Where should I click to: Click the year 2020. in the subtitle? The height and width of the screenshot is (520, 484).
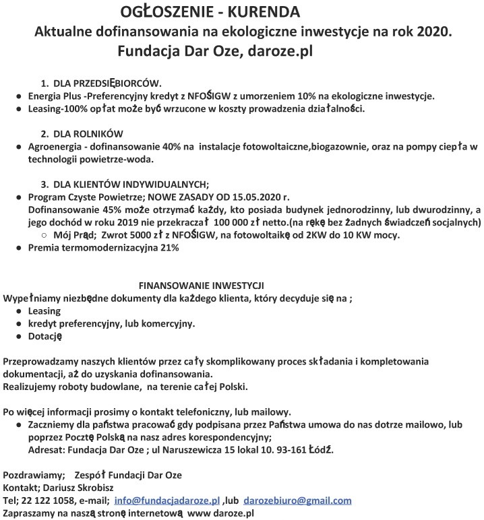(431, 31)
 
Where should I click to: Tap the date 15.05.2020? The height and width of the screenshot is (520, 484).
(257, 197)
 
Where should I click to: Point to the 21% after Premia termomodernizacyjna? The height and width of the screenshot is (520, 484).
(169, 248)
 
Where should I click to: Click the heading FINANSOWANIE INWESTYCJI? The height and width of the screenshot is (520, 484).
(201, 285)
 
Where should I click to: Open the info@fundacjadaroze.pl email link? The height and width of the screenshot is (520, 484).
(167, 500)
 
